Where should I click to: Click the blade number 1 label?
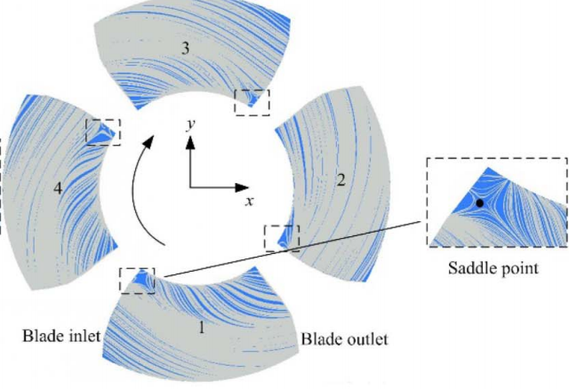click(x=202, y=328)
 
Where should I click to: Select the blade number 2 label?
click(x=340, y=180)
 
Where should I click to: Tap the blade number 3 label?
click(x=184, y=49)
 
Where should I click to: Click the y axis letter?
click(x=189, y=125)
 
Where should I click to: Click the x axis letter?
click(x=250, y=202)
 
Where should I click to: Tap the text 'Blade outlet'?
click(x=345, y=339)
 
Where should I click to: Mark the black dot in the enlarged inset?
click(x=480, y=203)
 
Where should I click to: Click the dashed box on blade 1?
click(x=137, y=282)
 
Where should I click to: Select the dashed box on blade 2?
click(x=283, y=238)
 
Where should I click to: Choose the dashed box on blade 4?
click(x=103, y=131)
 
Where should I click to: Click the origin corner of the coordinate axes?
click(x=189, y=187)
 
